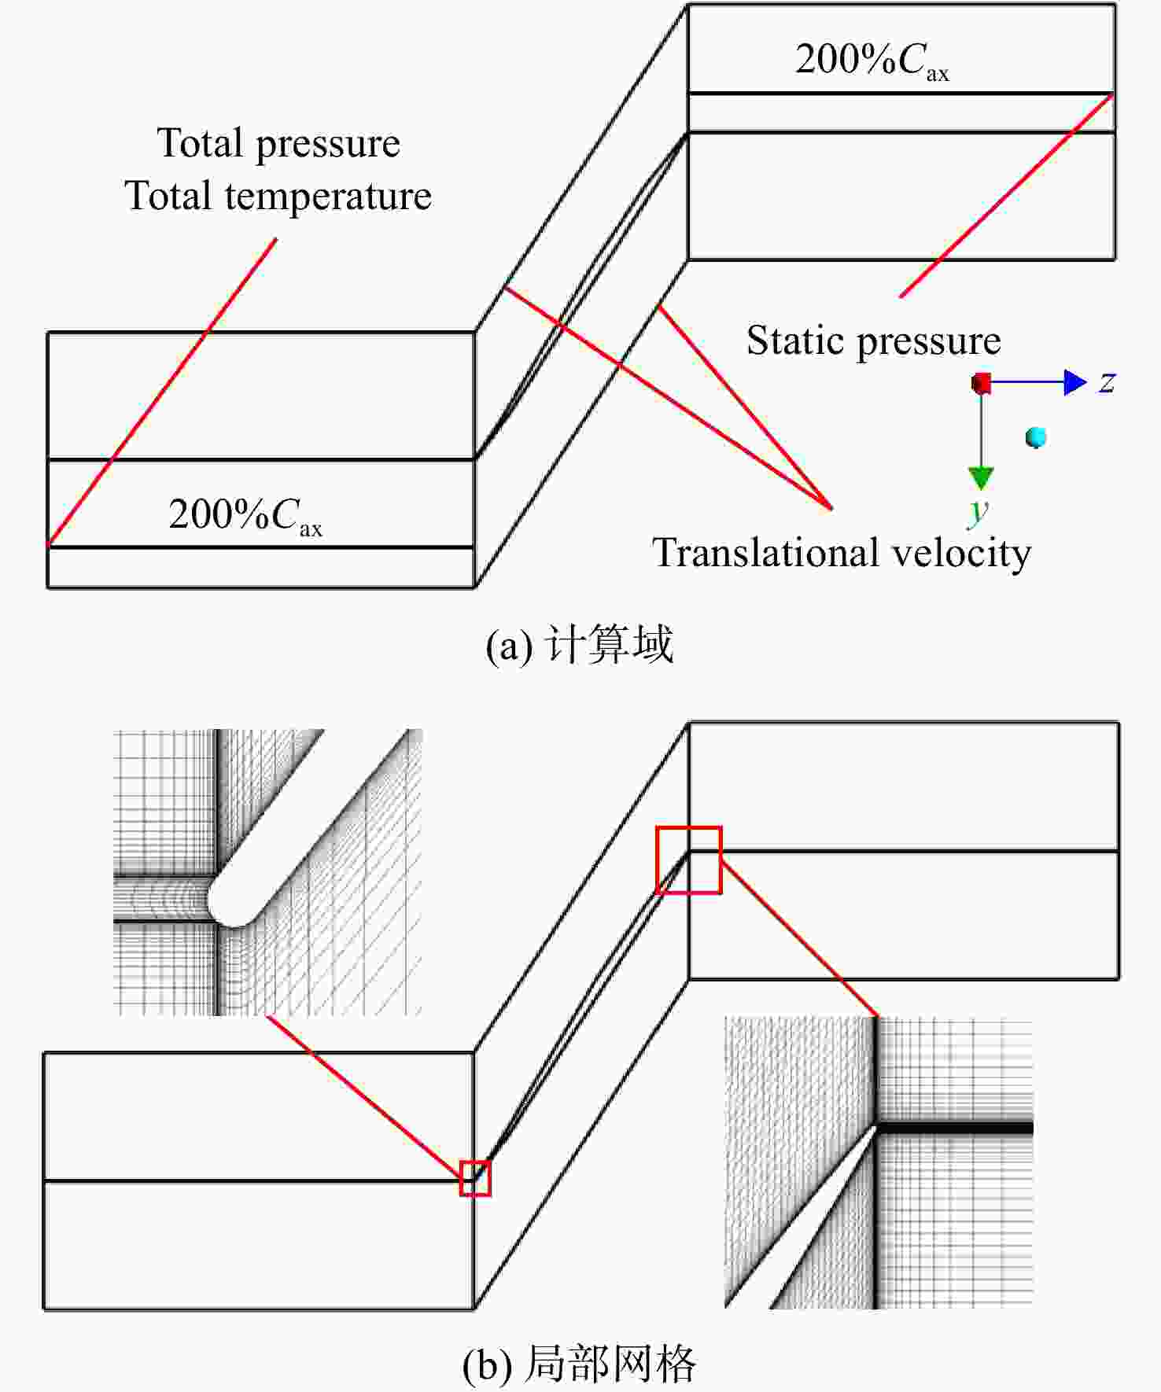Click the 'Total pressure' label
[278, 144]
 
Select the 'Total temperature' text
[278, 196]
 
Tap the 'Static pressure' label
[873, 341]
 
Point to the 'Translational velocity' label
[842, 553]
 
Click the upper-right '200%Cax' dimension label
[872, 60]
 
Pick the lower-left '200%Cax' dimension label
[245, 516]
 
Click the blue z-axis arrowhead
[1075, 382]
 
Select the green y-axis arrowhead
[981, 477]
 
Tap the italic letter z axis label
[1108, 383]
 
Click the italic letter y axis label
[978, 510]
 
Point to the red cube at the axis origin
[981, 384]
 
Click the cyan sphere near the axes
[1036, 437]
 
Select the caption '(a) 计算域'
[580, 645]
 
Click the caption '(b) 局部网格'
[580, 1364]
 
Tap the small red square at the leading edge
[475, 1178]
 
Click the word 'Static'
[795, 341]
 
